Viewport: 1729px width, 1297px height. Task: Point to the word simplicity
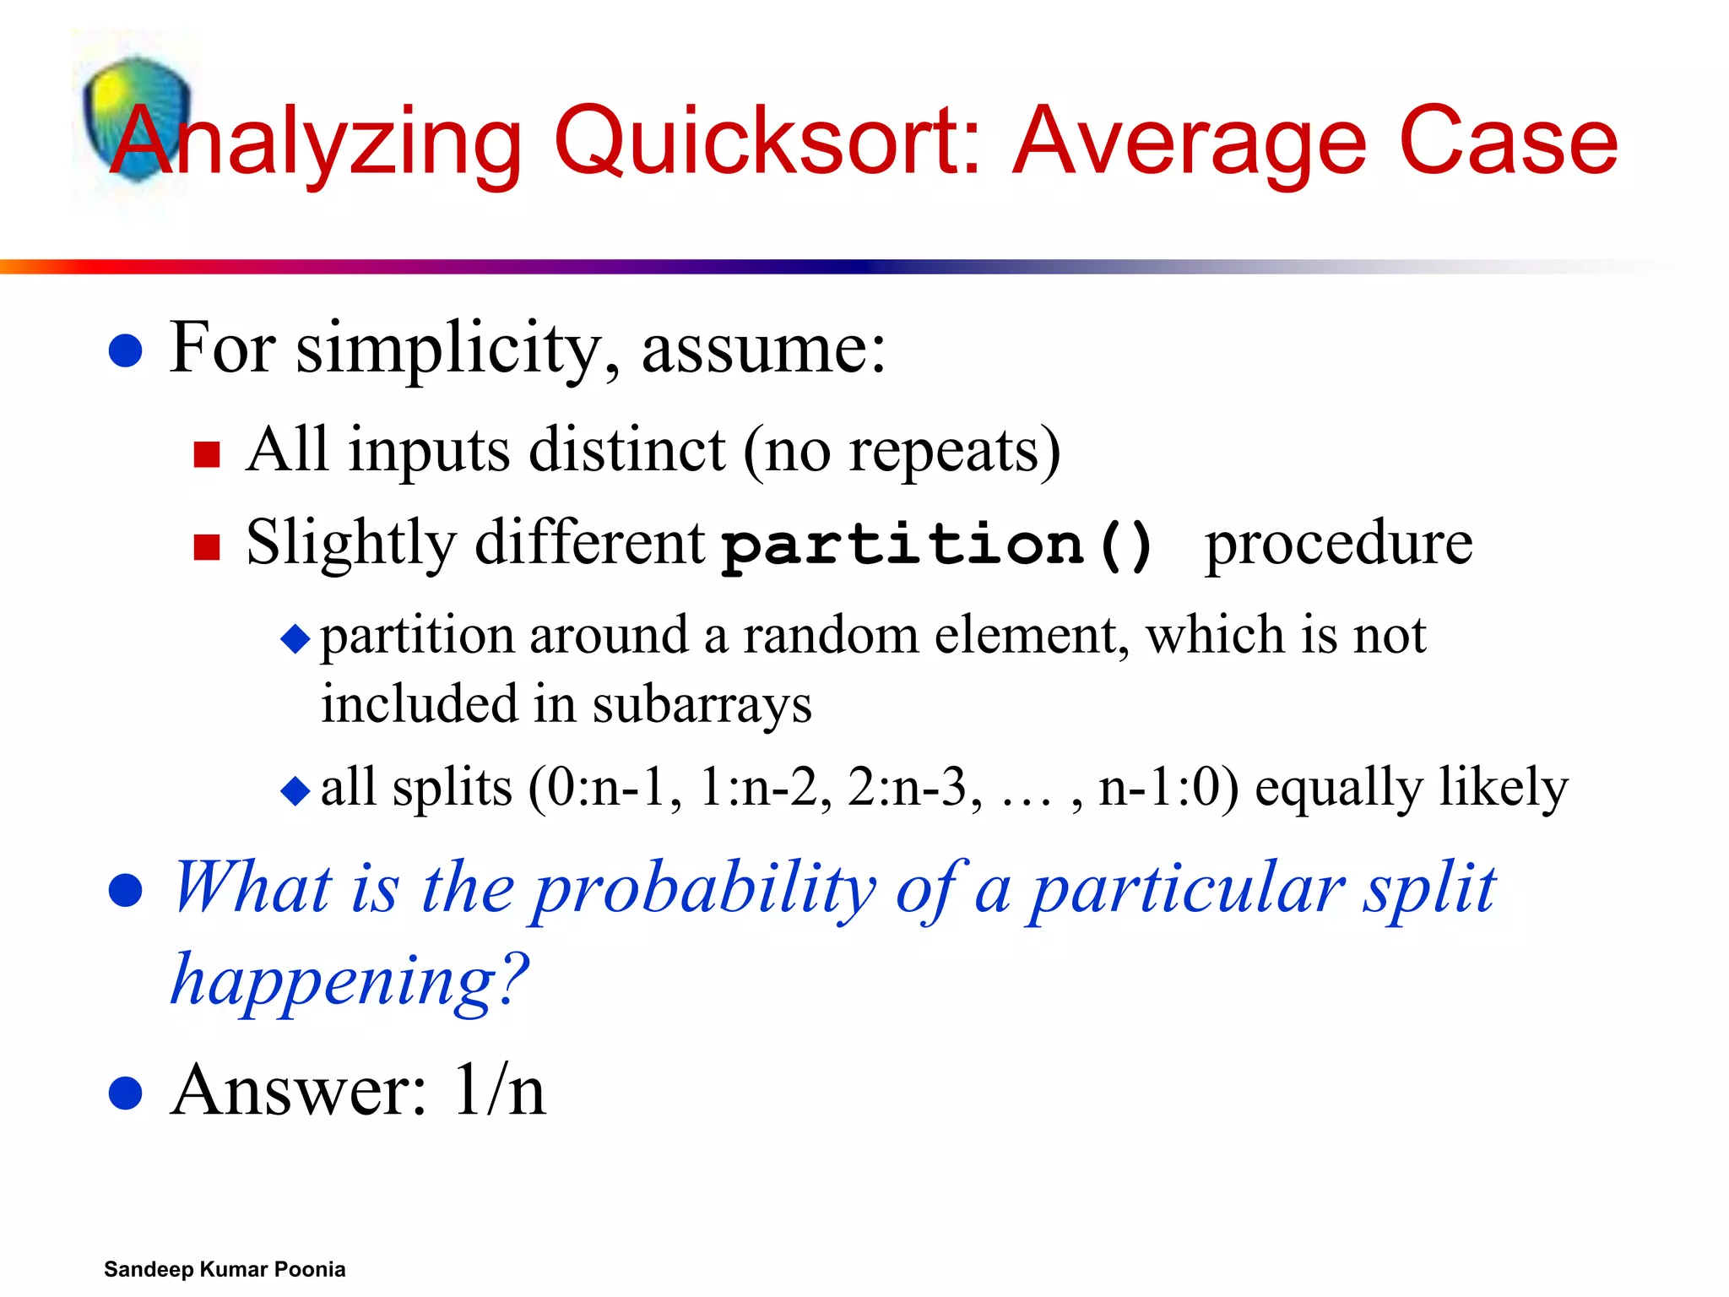(457, 349)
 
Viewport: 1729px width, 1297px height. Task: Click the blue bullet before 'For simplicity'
(126, 350)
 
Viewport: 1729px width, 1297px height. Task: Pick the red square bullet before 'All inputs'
(206, 454)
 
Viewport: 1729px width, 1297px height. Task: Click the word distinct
(626, 449)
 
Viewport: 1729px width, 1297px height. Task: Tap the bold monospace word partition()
(937, 545)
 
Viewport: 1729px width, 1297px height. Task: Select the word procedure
(1338, 543)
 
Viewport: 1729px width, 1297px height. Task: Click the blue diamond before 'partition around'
(295, 639)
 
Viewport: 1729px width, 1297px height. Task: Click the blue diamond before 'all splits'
(295, 791)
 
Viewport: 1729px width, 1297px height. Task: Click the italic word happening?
(350, 980)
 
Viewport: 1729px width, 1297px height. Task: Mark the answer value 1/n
(498, 1091)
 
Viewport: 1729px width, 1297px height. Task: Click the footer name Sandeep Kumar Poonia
(225, 1269)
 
